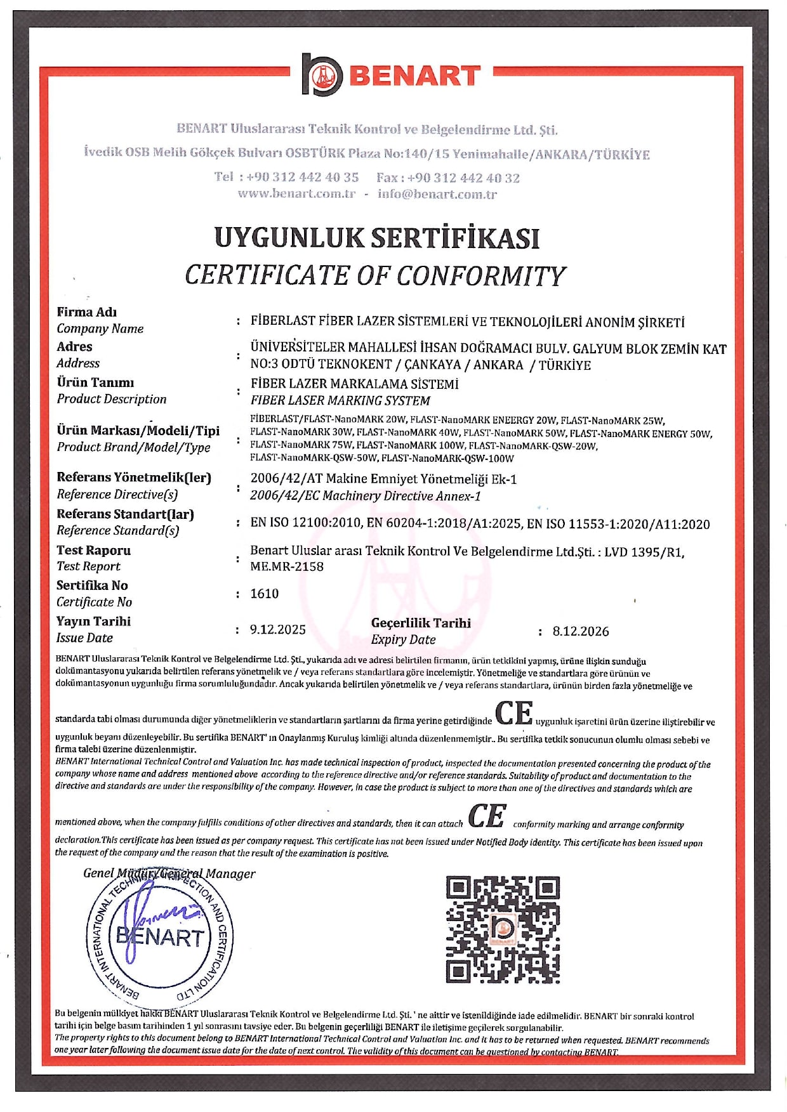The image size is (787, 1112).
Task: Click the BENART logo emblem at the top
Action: (x=322, y=75)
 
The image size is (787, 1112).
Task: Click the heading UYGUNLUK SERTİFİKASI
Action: (x=376, y=238)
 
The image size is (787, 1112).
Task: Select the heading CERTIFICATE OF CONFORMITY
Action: (x=374, y=275)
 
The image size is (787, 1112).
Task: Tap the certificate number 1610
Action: (x=265, y=594)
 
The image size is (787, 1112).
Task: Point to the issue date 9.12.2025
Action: (x=278, y=629)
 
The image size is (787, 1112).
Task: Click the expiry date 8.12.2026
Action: (x=581, y=631)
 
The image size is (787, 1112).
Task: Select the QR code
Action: (x=503, y=929)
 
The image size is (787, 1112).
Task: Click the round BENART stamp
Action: (x=159, y=936)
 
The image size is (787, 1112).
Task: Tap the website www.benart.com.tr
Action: (x=296, y=194)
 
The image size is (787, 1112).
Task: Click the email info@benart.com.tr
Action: (x=437, y=194)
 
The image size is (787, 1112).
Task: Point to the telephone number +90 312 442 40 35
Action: (x=303, y=177)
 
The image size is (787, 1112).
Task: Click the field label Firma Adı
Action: (x=87, y=312)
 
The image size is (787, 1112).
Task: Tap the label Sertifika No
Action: (x=92, y=585)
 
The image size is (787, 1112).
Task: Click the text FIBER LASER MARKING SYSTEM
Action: (x=340, y=401)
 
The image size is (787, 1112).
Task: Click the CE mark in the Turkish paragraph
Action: (x=513, y=713)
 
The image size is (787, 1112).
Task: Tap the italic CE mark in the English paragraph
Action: (x=487, y=816)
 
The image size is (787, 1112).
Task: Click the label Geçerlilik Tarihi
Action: (x=421, y=623)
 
